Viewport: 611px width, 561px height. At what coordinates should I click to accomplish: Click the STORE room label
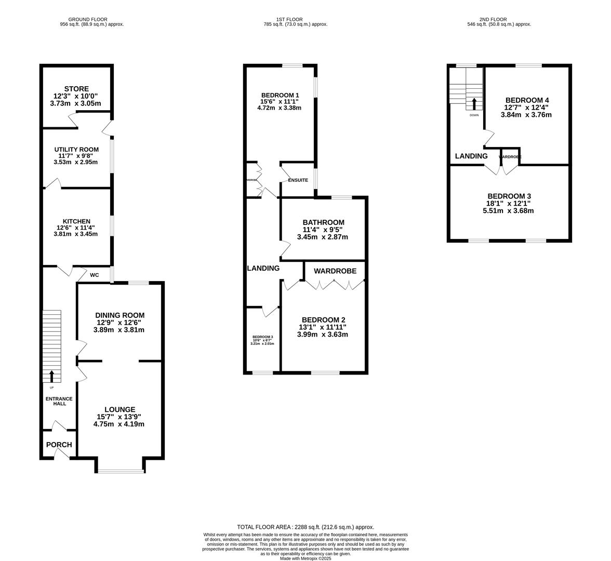click(76, 89)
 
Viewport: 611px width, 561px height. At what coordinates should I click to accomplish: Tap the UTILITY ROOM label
click(76, 150)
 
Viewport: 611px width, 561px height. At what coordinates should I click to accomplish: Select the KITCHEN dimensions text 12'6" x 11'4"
click(76, 228)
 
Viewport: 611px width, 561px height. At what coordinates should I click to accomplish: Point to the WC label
click(95, 275)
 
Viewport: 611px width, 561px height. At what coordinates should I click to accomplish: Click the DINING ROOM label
click(119, 315)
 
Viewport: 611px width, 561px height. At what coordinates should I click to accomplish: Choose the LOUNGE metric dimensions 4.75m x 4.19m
click(119, 424)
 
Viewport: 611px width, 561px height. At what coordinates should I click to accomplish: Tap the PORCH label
click(59, 445)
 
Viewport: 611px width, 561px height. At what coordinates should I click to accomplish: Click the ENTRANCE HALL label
click(59, 401)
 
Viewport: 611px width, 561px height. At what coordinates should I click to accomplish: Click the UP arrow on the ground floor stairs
click(51, 375)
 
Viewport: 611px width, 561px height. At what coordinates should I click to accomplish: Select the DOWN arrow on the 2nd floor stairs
click(474, 102)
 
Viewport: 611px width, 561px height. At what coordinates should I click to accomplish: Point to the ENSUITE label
click(298, 180)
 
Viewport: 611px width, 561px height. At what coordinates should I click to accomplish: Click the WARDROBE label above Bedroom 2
click(335, 271)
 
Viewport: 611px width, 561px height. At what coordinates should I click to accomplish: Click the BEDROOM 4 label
click(527, 100)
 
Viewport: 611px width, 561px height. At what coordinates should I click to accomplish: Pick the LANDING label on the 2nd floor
click(471, 156)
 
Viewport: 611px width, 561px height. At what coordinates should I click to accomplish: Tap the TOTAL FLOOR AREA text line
click(305, 527)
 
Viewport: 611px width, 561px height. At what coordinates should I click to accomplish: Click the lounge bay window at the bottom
click(120, 471)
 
